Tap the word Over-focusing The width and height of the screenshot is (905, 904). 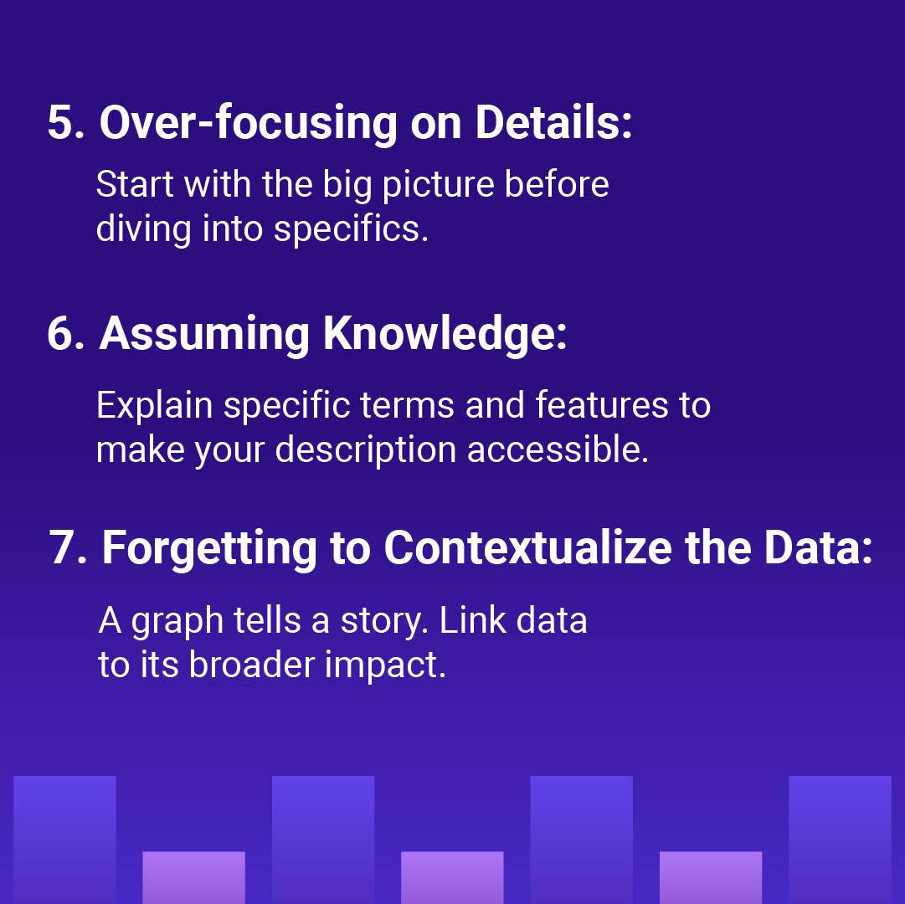[248, 123]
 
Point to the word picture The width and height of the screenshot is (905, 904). [438, 186]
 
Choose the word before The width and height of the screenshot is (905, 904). [557, 184]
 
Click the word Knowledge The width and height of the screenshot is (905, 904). [445, 335]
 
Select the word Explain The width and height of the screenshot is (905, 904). [155, 406]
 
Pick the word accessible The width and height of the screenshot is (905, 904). [558, 449]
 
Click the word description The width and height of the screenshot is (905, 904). [366, 451]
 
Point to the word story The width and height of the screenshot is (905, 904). [383, 622]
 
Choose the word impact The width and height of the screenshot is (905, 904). [385, 665]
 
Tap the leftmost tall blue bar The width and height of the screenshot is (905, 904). [64, 840]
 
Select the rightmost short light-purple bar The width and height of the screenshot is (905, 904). [711, 877]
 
